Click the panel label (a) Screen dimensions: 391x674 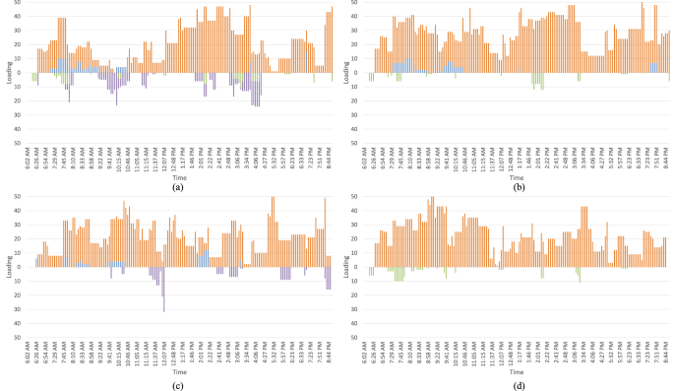coord(177,185)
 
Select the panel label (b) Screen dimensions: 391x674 coord(518,185)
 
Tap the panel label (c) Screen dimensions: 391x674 coord(177,384)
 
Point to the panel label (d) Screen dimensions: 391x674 coord(518,384)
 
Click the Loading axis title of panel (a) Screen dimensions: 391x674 coord(7,72)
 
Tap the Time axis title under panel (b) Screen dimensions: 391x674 coord(518,174)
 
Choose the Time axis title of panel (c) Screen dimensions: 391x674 coord(178,372)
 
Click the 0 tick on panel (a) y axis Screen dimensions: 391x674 coord(21,72)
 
